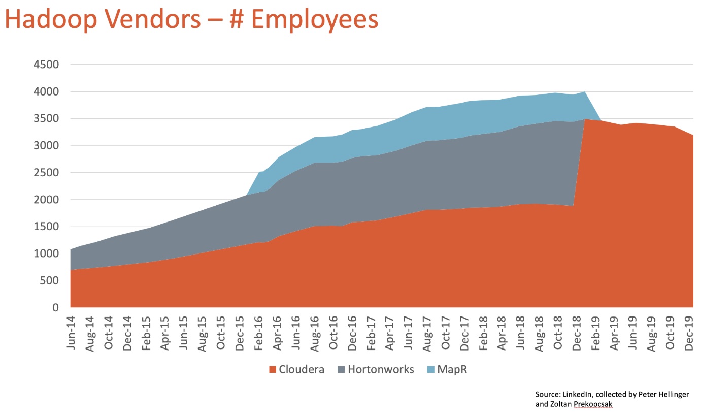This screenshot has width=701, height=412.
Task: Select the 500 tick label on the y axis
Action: pyautogui.click(x=51, y=281)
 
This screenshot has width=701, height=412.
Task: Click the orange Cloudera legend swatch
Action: pyautogui.click(x=272, y=369)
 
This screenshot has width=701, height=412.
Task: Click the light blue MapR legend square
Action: pyautogui.click(x=433, y=369)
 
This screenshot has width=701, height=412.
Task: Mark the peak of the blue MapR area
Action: pyautogui.click(x=585, y=92)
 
